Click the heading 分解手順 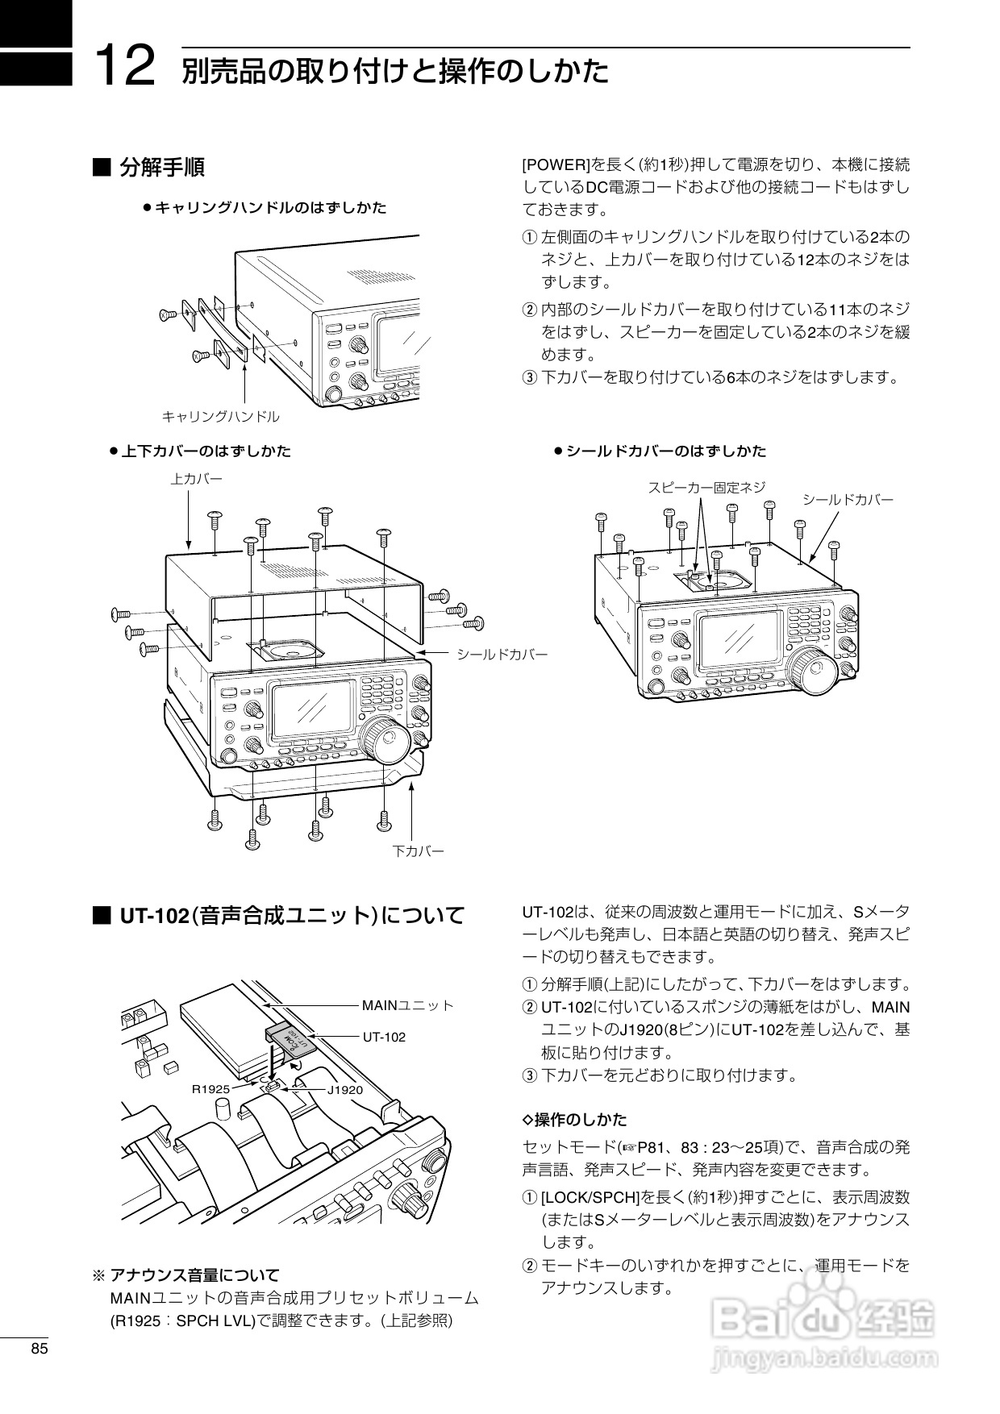click(x=161, y=168)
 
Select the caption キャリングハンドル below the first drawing click(x=221, y=417)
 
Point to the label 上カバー click(x=196, y=479)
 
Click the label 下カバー click(x=418, y=850)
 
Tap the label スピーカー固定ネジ click(x=706, y=487)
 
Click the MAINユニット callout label click(x=407, y=1005)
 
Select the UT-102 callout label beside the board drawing click(x=384, y=1037)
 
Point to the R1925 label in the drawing click(x=210, y=1089)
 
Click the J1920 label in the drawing click(x=344, y=1090)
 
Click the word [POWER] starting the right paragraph click(x=557, y=165)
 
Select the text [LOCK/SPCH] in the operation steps click(x=590, y=1197)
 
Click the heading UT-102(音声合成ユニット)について click(x=292, y=916)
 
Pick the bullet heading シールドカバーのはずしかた click(x=666, y=451)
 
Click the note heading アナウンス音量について click(x=194, y=1275)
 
